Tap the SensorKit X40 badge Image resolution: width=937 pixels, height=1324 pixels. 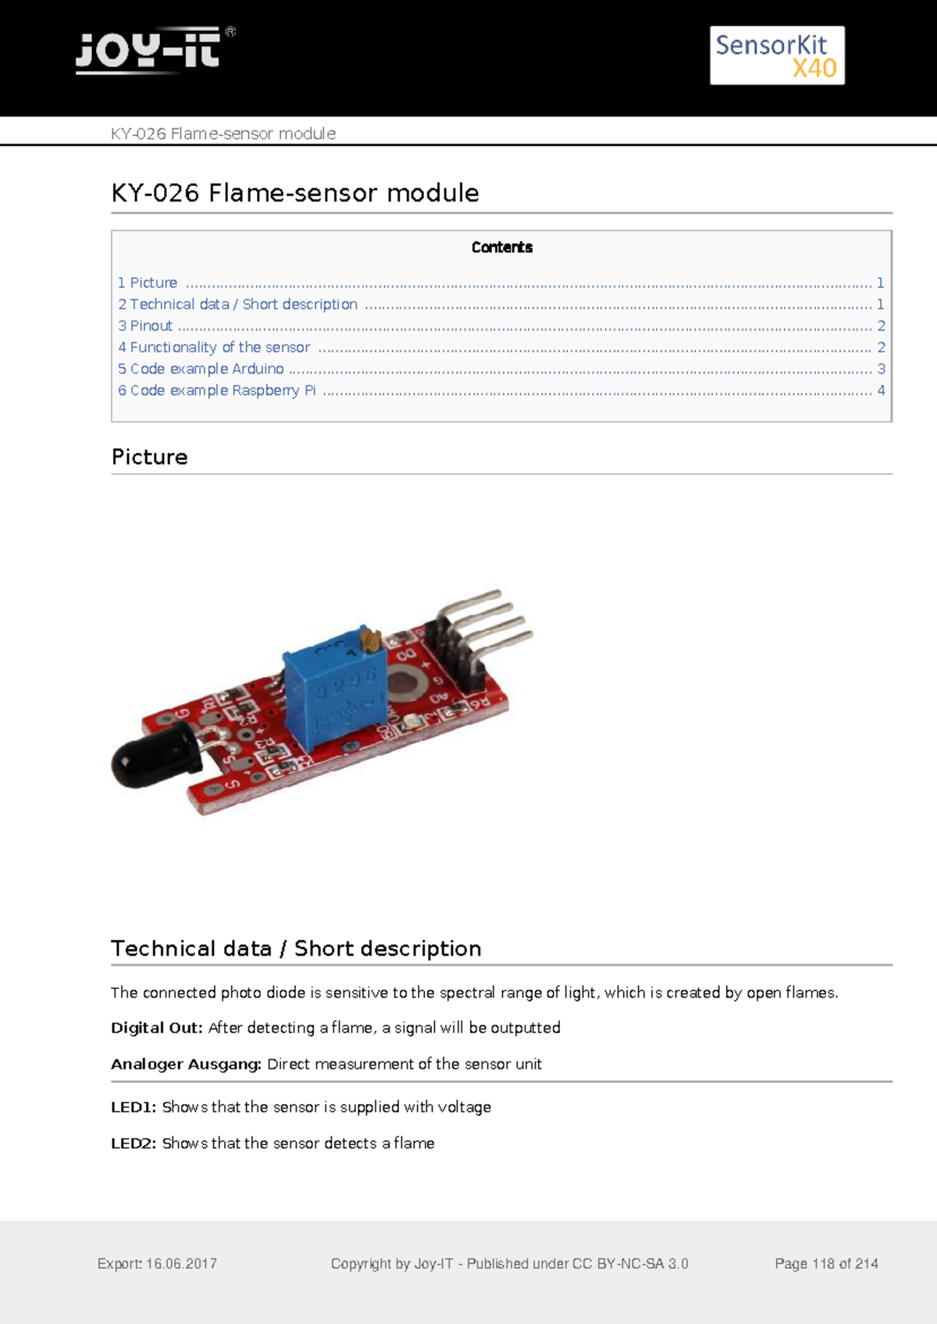(777, 55)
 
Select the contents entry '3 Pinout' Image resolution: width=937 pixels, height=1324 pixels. (145, 326)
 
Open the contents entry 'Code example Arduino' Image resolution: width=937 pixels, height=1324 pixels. (207, 368)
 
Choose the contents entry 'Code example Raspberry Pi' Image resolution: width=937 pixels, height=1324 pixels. (223, 390)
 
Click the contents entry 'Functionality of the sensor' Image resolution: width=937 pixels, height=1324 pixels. (219, 347)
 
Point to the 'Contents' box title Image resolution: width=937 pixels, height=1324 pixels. (501, 247)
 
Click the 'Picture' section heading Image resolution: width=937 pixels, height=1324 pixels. (150, 457)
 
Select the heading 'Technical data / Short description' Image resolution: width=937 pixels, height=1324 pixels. (296, 949)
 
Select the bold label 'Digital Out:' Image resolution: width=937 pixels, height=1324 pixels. (156, 1028)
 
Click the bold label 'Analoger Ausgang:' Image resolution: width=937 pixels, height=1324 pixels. (186, 1064)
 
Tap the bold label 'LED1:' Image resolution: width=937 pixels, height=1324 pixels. (134, 1107)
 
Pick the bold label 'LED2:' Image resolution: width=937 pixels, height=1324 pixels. (134, 1143)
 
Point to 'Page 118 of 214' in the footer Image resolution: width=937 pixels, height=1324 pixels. (826, 1264)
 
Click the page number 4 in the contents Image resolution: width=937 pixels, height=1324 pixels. (881, 390)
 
